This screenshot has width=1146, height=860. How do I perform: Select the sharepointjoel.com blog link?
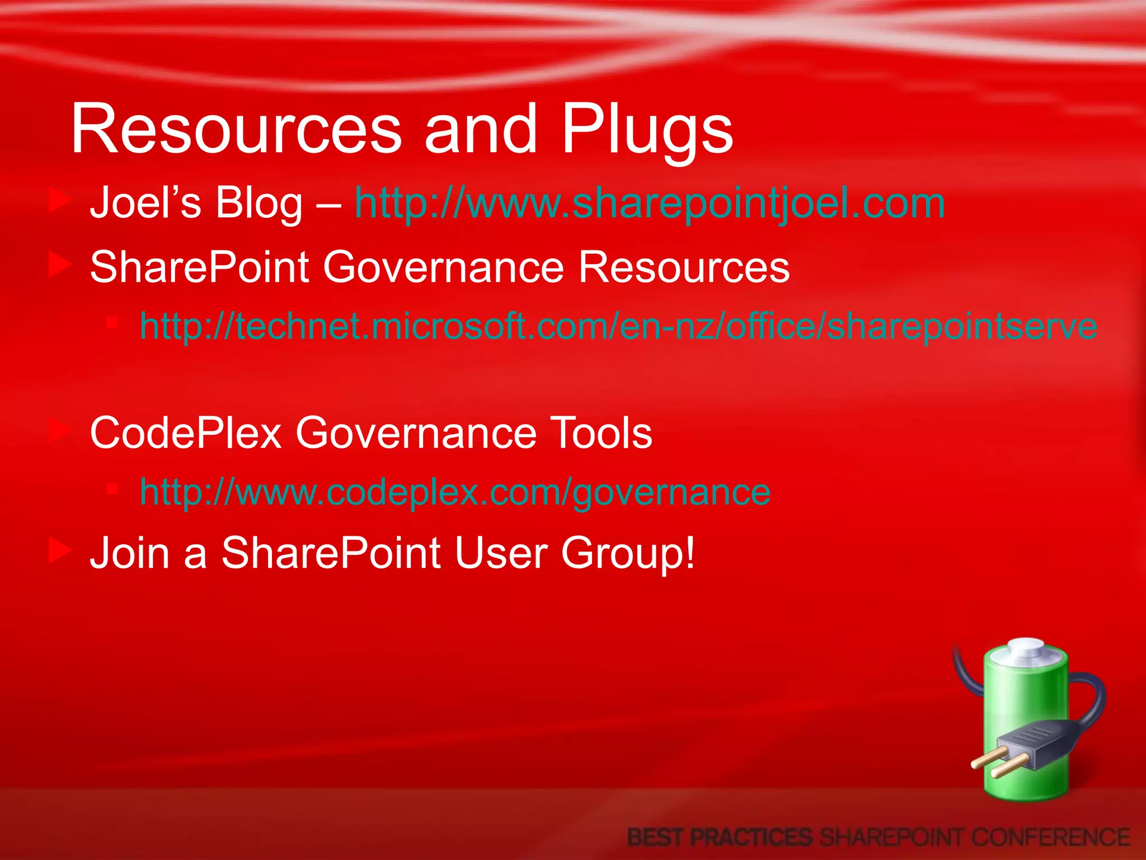tap(650, 203)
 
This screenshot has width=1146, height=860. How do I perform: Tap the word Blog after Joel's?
tap(259, 203)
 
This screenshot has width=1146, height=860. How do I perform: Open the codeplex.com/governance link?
tap(455, 492)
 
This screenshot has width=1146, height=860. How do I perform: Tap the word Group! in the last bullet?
tap(628, 554)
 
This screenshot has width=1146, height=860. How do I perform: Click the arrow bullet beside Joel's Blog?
tap(59, 200)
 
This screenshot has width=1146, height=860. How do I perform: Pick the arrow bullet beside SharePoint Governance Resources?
tap(59, 265)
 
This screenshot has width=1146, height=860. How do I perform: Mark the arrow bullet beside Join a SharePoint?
tap(59, 550)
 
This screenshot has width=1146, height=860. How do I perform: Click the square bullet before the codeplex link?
tap(112, 489)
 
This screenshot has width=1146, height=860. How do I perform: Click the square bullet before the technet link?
tap(112, 323)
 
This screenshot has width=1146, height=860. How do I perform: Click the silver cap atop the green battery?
tap(1026, 649)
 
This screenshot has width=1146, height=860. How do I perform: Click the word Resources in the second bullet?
tap(683, 267)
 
